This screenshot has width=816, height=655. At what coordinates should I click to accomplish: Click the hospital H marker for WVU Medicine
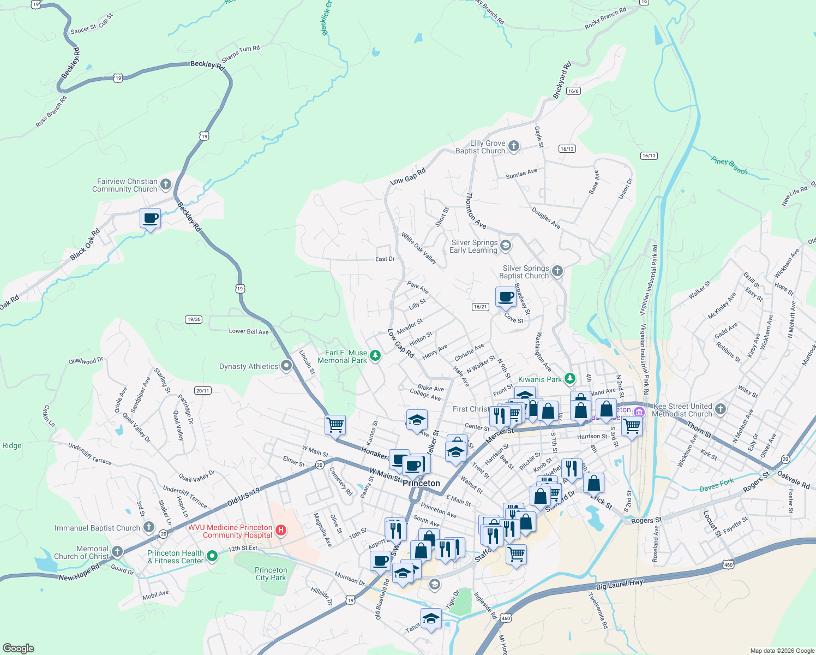(x=281, y=529)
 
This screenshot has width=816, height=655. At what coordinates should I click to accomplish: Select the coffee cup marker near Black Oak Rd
(x=150, y=218)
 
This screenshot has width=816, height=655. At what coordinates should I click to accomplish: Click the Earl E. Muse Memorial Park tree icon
(x=375, y=356)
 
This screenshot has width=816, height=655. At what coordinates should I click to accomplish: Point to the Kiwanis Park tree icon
(x=569, y=378)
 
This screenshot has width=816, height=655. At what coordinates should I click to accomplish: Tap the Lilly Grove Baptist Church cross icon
(x=513, y=146)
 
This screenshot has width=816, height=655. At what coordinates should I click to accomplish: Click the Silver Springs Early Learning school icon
(x=506, y=246)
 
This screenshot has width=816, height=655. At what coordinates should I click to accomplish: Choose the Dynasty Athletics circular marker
(x=286, y=366)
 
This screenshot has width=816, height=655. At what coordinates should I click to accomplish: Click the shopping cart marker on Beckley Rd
(x=335, y=425)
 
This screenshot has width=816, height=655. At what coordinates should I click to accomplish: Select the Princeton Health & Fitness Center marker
(x=213, y=556)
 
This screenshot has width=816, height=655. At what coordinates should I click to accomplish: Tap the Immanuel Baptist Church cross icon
(x=149, y=527)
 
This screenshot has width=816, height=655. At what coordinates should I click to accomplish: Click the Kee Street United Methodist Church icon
(x=720, y=409)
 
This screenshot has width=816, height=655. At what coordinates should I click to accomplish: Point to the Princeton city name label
(x=421, y=483)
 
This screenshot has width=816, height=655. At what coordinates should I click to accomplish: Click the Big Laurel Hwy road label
(x=619, y=585)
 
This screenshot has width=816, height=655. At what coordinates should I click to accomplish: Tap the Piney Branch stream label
(x=729, y=165)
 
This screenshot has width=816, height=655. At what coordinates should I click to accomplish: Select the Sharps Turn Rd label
(x=241, y=53)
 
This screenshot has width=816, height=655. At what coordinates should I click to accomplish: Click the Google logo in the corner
(x=18, y=648)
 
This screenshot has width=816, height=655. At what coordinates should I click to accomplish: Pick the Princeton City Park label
(x=271, y=574)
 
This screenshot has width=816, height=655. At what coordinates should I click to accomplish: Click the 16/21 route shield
(x=480, y=307)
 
